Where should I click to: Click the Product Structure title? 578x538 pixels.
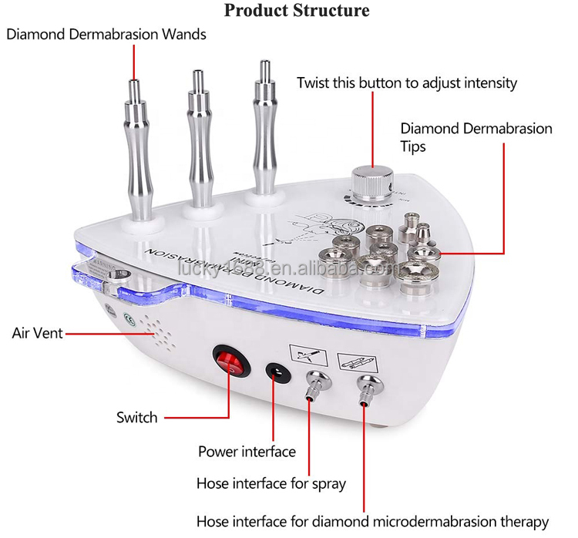[297, 11]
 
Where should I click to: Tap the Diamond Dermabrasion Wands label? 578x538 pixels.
[106, 35]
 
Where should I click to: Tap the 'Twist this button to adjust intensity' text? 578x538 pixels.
[407, 82]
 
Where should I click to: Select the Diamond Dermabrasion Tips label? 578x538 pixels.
[476, 136]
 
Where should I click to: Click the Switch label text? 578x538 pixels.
[136, 417]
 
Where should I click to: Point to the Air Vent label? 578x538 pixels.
[36, 333]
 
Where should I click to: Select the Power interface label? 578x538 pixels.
[247, 452]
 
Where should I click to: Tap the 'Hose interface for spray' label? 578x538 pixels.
[271, 484]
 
